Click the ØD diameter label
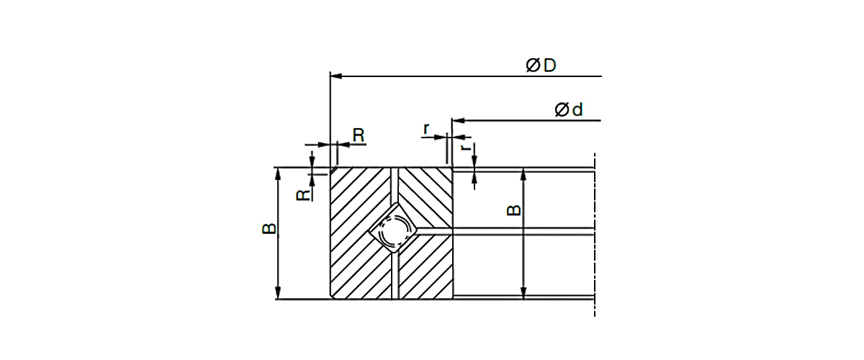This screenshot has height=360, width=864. [x=541, y=66]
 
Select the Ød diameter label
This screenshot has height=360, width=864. [x=568, y=110]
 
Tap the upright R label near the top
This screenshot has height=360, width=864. [x=358, y=134]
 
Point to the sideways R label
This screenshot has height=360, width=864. [x=305, y=193]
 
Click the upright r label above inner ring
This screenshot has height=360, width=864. [x=426, y=129]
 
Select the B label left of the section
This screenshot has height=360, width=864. [x=269, y=229]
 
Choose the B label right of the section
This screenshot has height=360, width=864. [x=513, y=210]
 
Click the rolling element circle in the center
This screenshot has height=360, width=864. [x=392, y=233]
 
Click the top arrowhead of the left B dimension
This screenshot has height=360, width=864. [x=278, y=174]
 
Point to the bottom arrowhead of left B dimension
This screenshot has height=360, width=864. [x=278, y=293]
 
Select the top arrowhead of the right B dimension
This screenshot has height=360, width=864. [x=523, y=175]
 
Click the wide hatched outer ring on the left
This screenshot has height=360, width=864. [x=356, y=238]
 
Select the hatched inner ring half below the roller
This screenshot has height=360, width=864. [x=425, y=270]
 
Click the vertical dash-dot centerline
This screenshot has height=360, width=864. [x=595, y=238]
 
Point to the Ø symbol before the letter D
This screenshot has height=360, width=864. [x=533, y=66]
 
